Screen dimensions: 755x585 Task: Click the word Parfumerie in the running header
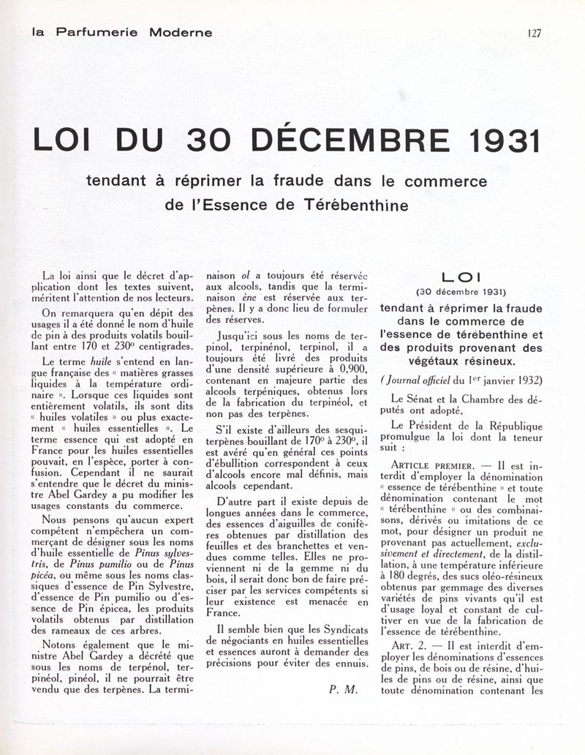[x=99, y=32]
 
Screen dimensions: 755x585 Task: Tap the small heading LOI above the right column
[x=461, y=279]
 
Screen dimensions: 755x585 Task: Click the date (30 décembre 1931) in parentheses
[x=461, y=292]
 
